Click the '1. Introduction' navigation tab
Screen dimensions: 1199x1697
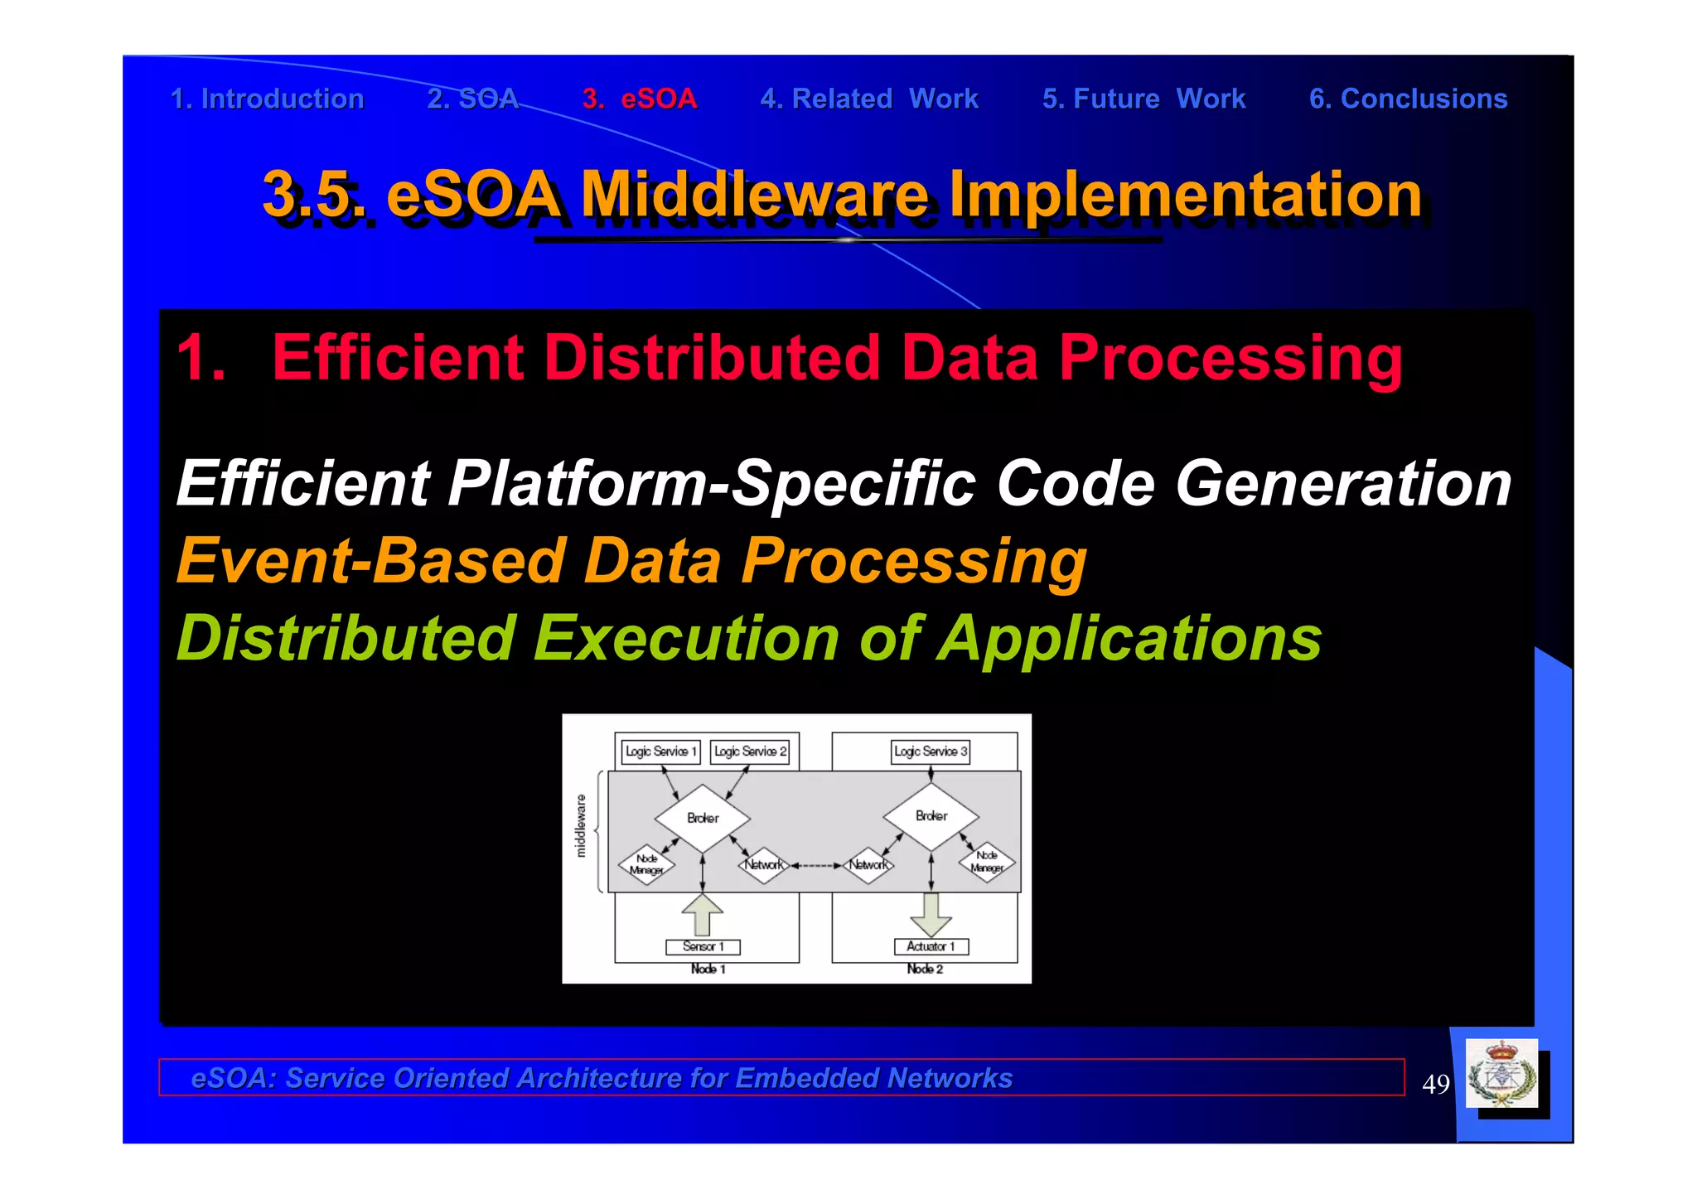(267, 99)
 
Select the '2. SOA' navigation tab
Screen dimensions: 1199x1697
(472, 99)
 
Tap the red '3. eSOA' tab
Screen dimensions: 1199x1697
(640, 99)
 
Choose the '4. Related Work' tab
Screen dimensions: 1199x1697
(869, 99)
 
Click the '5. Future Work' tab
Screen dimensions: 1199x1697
(1143, 99)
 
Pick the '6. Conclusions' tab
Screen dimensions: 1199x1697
(1408, 99)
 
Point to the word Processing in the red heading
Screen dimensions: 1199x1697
(1230, 358)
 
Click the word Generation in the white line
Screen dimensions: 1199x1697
(1343, 484)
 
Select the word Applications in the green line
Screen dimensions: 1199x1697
(1129, 639)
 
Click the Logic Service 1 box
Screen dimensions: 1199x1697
(660, 752)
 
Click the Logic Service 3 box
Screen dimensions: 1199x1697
(930, 752)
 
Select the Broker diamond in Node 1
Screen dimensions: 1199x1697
(703, 818)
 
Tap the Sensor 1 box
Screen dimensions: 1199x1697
(703, 946)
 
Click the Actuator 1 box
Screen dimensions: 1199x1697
(931, 946)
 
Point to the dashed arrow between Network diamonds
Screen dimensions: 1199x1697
(816, 865)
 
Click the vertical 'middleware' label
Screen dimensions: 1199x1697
(581, 825)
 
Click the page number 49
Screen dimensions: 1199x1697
(1435, 1084)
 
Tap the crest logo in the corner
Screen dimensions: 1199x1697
(1501, 1073)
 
